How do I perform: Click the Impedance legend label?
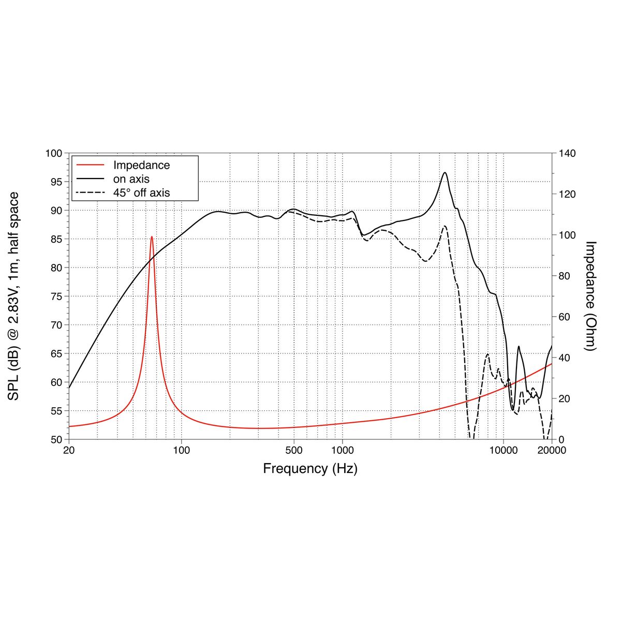point(141,165)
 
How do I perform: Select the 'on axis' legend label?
point(131,179)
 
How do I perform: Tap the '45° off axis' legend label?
point(141,193)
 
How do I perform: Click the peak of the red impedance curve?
point(152,237)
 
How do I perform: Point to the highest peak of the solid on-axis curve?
point(445,173)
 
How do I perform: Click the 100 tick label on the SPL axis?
point(54,153)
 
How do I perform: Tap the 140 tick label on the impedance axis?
point(566,153)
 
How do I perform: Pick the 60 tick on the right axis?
point(564,317)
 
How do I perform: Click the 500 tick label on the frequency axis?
point(294,450)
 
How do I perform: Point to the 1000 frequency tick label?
point(342,450)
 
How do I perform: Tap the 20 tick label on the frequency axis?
point(69,450)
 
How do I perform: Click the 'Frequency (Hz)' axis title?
point(310,469)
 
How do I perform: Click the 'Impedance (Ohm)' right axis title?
point(590,296)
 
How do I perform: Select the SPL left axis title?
point(14,296)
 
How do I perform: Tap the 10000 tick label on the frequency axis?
point(503,450)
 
